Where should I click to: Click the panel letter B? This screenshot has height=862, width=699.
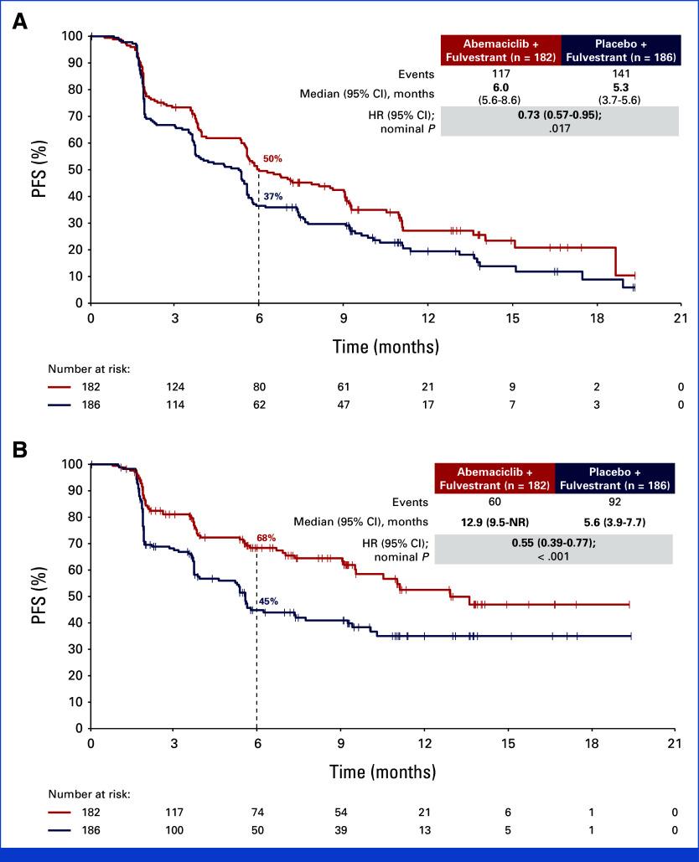point(18,451)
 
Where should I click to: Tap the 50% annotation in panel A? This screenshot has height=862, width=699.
point(273,158)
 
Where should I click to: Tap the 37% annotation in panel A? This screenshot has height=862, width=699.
point(273,197)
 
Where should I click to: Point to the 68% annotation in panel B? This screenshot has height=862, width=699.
point(267,537)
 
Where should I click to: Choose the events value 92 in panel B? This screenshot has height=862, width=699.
point(614,502)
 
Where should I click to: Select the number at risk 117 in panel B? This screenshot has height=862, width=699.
point(173,813)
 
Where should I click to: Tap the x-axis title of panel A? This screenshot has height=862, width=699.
point(386,345)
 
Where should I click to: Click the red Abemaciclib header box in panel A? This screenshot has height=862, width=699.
point(500,50)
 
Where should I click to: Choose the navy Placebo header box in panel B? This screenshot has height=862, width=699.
point(614,478)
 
